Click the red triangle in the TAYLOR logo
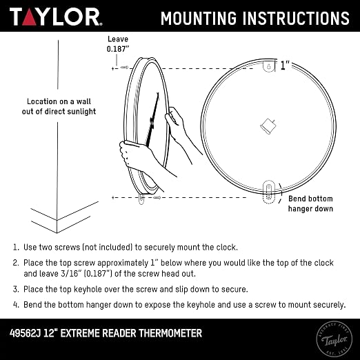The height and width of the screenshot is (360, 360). (29, 17)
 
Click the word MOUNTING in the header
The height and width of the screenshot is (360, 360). (199, 18)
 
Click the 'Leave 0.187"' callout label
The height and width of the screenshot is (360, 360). (118, 43)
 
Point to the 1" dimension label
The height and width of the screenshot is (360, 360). (285, 65)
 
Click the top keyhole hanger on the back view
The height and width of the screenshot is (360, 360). (269, 66)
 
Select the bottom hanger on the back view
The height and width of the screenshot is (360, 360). (268, 192)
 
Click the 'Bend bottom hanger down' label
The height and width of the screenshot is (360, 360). (310, 203)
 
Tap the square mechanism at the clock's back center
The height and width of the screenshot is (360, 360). (268, 126)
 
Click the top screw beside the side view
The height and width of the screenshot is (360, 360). (124, 68)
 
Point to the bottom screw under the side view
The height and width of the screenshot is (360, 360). (157, 197)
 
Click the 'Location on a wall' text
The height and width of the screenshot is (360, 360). (59, 101)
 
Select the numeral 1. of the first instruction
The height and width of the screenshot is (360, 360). (16, 248)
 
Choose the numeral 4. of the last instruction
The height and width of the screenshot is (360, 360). (16, 305)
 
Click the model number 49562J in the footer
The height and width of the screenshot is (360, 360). (25, 333)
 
